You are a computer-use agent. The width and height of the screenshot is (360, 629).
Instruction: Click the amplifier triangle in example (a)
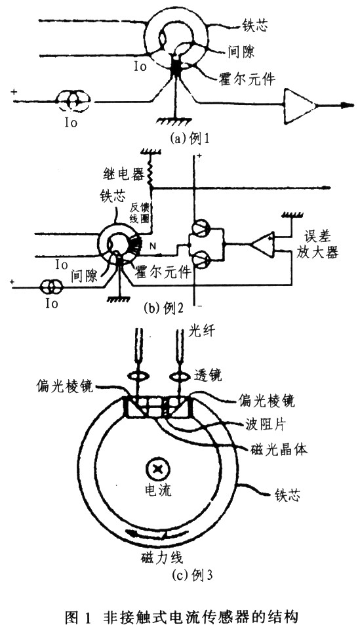tap(298, 105)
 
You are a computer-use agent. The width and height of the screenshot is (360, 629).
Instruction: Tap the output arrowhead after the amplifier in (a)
tap(348, 106)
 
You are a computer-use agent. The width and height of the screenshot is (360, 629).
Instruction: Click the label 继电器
tap(123, 175)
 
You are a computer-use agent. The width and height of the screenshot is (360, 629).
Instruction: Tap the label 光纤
tap(201, 332)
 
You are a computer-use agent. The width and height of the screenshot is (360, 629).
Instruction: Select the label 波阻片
tap(265, 426)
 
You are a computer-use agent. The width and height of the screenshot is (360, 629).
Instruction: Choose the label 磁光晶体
tap(279, 450)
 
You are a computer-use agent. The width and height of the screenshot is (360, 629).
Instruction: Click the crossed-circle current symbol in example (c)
tap(158, 468)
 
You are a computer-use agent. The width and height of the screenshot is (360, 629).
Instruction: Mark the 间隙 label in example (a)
tap(241, 51)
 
